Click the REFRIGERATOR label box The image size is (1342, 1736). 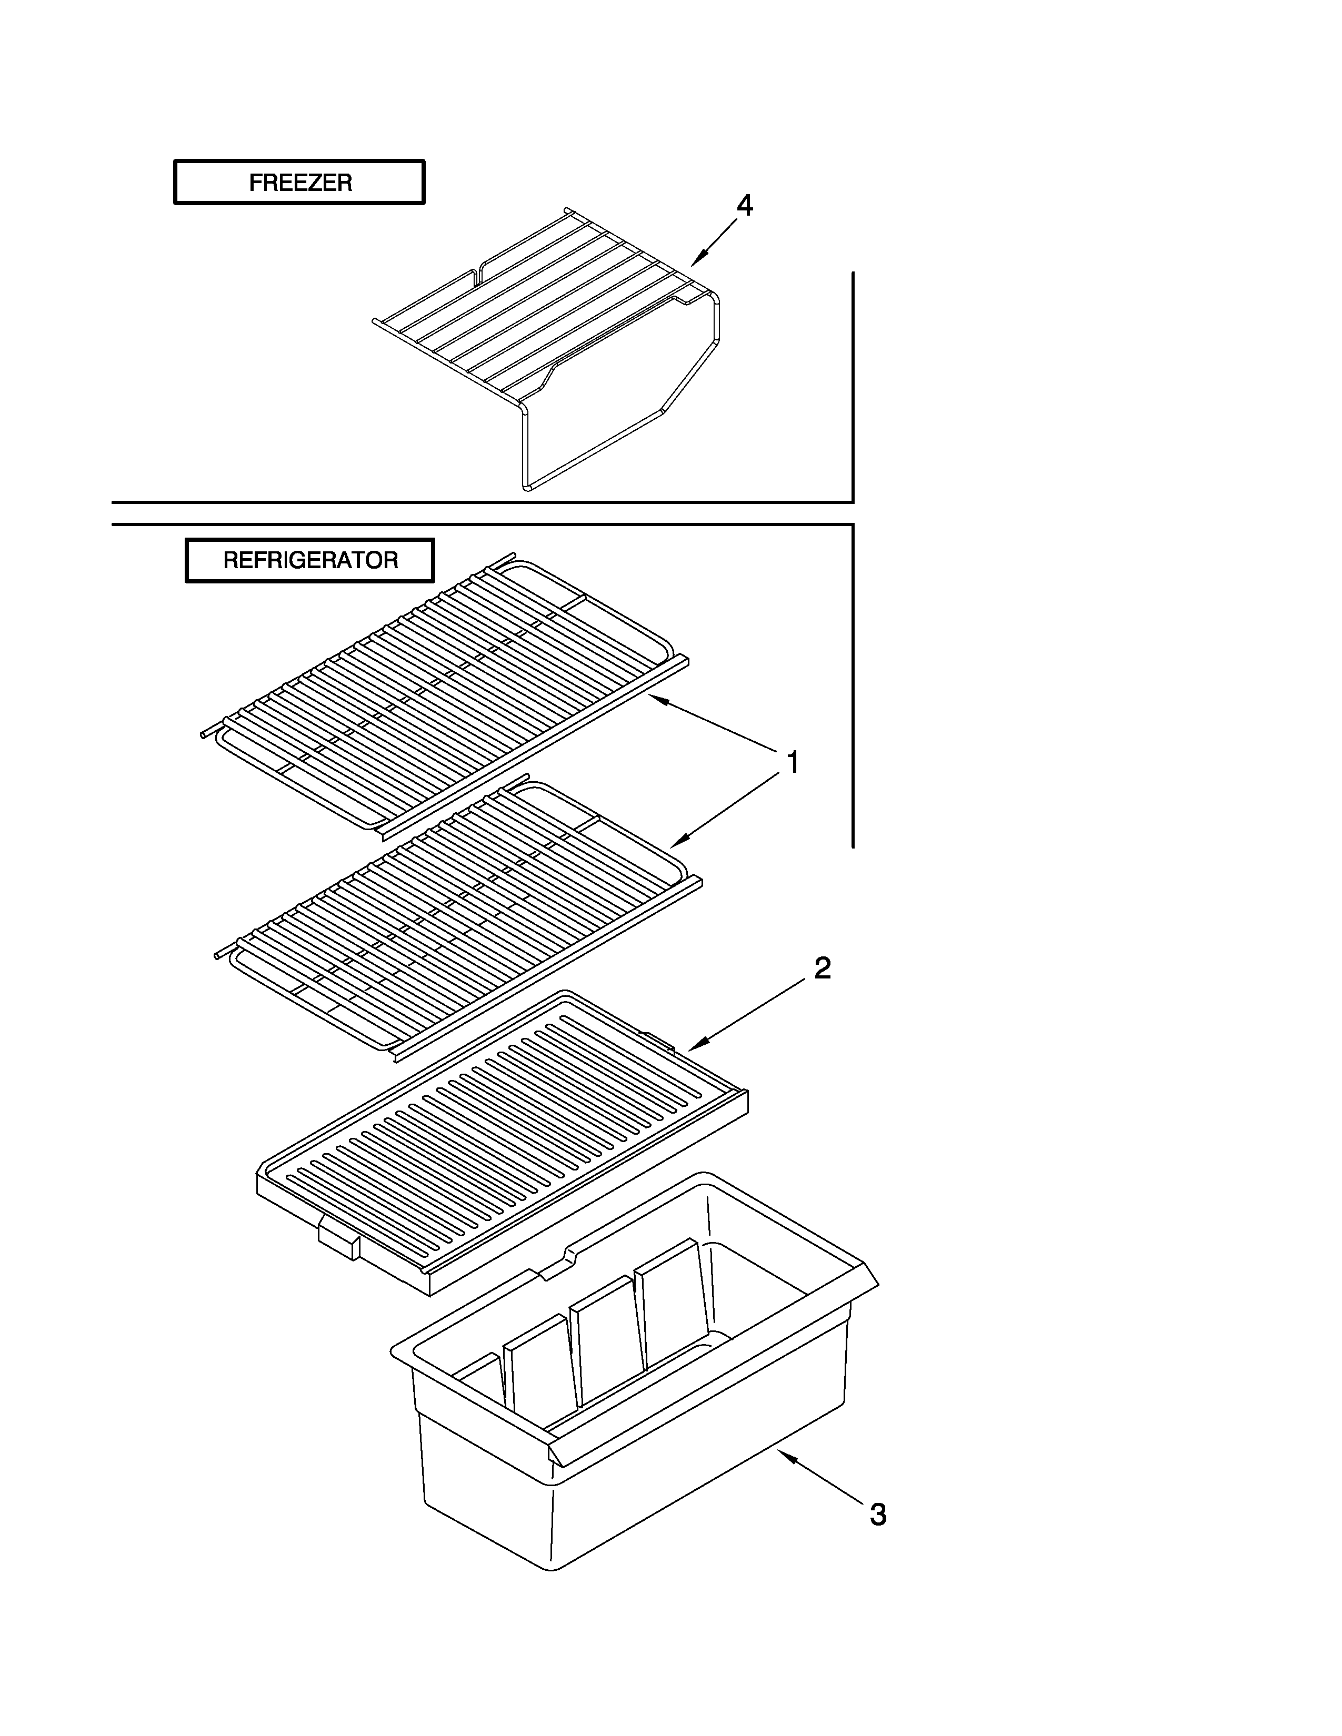[310, 560]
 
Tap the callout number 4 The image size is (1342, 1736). [744, 206]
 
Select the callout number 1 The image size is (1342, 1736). [792, 763]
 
